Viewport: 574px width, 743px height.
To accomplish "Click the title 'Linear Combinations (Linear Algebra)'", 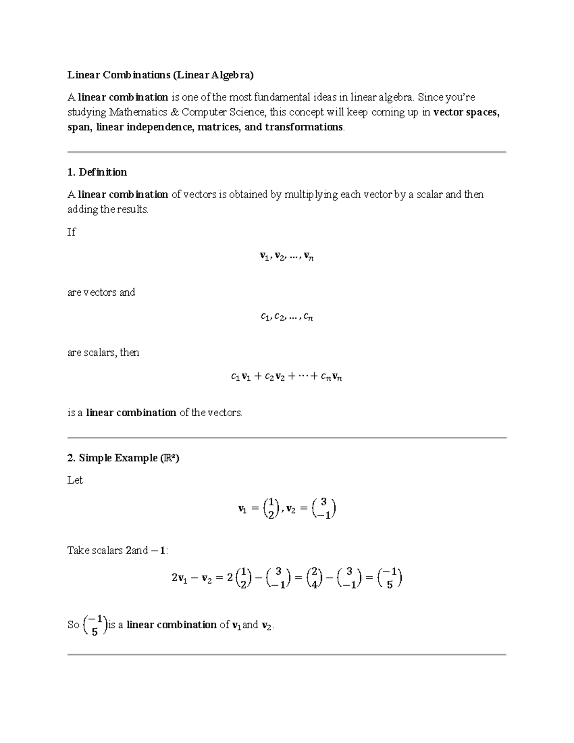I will click(x=160, y=75).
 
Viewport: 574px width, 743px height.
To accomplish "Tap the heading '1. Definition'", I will click(x=97, y=172).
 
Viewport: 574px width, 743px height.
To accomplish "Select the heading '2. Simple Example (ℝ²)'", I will click(x=123, y=458).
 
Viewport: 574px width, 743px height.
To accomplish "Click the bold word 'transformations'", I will click(x=304, y=127).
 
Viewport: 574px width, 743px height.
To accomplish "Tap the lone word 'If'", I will click(x=71, y=232).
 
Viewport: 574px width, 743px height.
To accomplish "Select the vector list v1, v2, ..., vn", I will click(x=287, y=257).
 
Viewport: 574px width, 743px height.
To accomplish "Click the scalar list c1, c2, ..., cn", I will click(x=287, y=317).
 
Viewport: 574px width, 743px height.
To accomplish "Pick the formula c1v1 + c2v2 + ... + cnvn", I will click(x=286, y=377).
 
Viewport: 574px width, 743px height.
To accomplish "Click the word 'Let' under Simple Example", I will click(x=75, y=480).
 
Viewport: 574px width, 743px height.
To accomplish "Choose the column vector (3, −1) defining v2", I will click(x=323, y=509).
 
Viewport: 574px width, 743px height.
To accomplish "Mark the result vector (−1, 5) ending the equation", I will click(x=389, y=578).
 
